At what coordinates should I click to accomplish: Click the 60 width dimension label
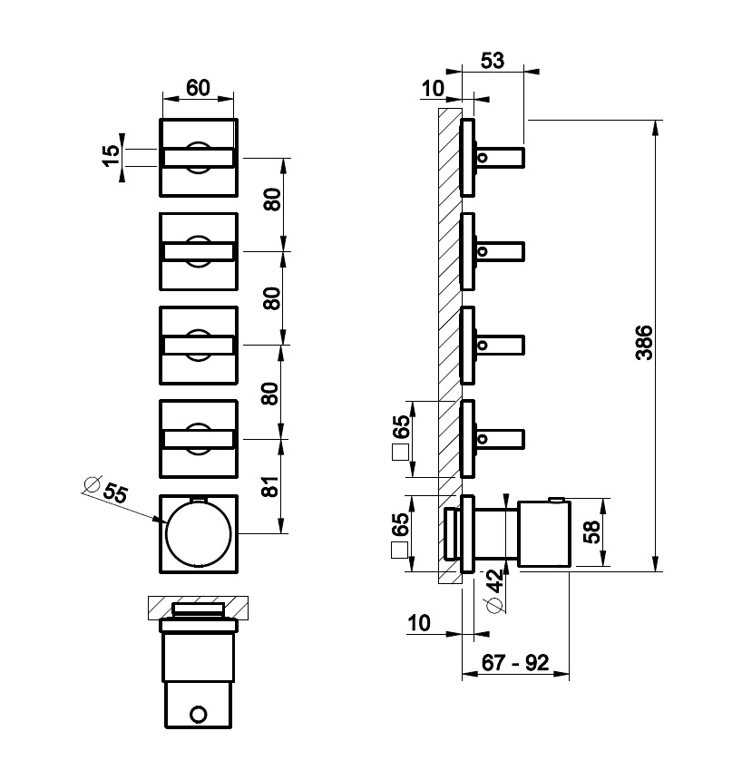[x=198, y=87]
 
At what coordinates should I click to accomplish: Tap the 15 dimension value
[x=112, y=155]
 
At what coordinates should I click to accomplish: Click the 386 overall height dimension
[x=644, y=343]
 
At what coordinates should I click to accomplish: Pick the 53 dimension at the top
[x=492, y=61]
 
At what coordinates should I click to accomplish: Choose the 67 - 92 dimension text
[x=515, y=662]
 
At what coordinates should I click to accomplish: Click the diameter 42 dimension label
[x=495, y=590]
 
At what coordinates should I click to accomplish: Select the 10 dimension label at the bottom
[x=419, y=623]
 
